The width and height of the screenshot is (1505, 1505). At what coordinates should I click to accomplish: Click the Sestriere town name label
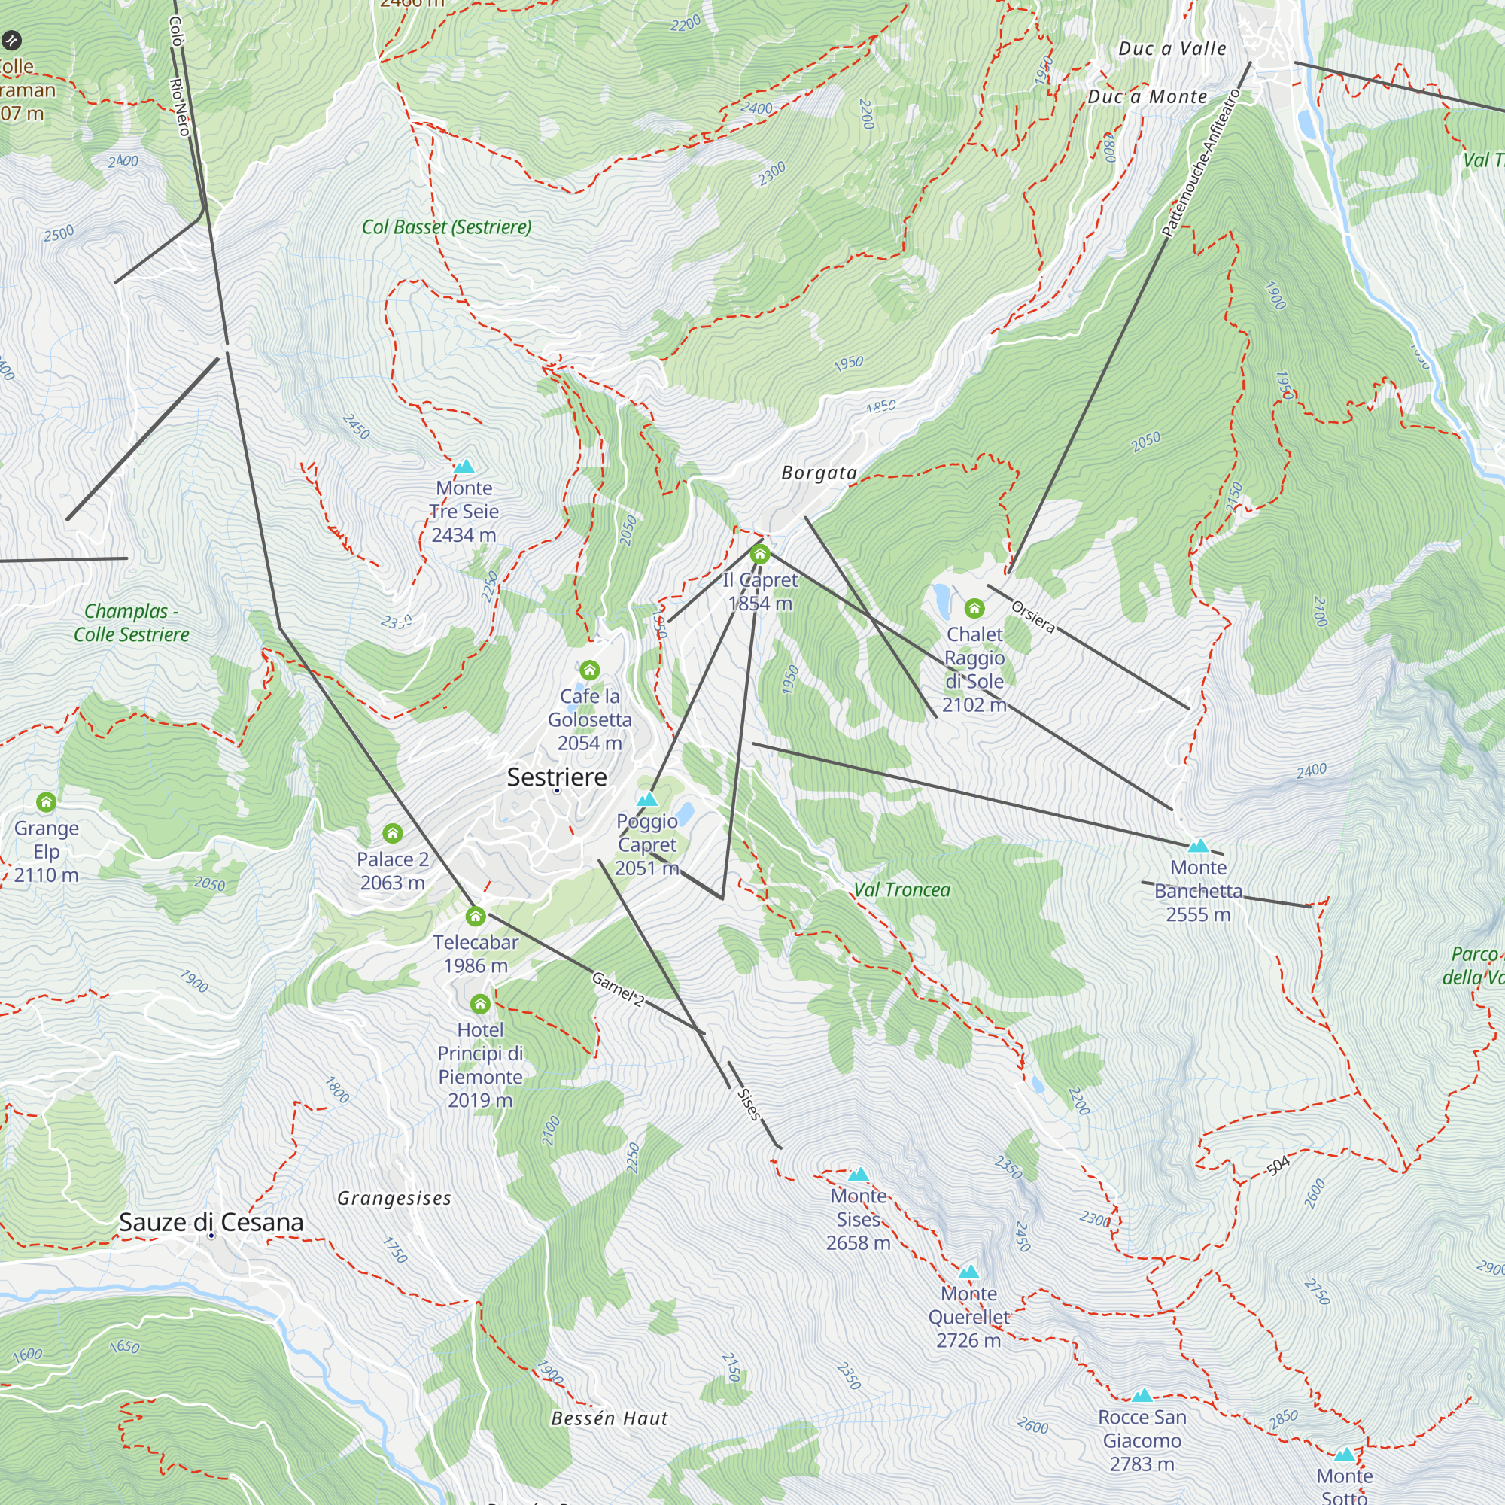(x=556, y=777)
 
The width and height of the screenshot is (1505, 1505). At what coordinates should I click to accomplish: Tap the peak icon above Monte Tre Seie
(x=464, y=467)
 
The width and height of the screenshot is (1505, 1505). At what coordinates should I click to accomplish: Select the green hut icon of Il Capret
(x=759, y=555)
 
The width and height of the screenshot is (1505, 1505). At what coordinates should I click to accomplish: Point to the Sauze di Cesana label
(x=211, y=1222)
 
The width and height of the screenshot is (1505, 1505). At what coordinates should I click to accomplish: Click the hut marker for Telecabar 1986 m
(x=475, y=916)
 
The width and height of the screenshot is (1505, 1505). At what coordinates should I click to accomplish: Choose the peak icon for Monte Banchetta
(x=1198, y=846)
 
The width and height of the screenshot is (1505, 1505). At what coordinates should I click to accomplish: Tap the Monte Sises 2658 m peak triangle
(x=858, y=1175)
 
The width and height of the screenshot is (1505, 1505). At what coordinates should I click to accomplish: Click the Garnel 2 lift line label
(x=618, y=990)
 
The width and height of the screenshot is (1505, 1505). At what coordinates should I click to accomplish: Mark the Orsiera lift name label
(x=1033, y=617)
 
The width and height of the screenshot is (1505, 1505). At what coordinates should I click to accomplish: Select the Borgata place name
(x=819, y=473)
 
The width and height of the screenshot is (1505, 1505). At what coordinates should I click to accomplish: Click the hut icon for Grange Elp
(x=46, y=801)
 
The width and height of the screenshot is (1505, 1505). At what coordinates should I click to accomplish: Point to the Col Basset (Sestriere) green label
(x=446, y=227)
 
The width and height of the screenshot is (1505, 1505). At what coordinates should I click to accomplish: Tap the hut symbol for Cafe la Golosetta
(x=590, y=670)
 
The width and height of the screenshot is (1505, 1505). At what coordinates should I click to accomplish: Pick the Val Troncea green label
(x=902, y=889)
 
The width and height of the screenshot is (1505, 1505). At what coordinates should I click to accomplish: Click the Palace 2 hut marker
(x=393, y=834)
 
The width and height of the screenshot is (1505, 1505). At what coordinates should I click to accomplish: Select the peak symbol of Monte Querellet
(x=968, y=1272)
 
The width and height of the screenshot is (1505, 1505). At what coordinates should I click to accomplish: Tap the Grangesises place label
(x=394, y=1198)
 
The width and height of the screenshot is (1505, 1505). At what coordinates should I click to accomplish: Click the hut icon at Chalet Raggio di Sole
(x=974, y=608)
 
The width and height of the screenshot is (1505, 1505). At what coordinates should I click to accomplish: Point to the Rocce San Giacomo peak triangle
(x=1142, y=1395)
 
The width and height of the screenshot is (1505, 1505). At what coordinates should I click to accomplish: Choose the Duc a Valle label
(x=1172, y=48)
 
